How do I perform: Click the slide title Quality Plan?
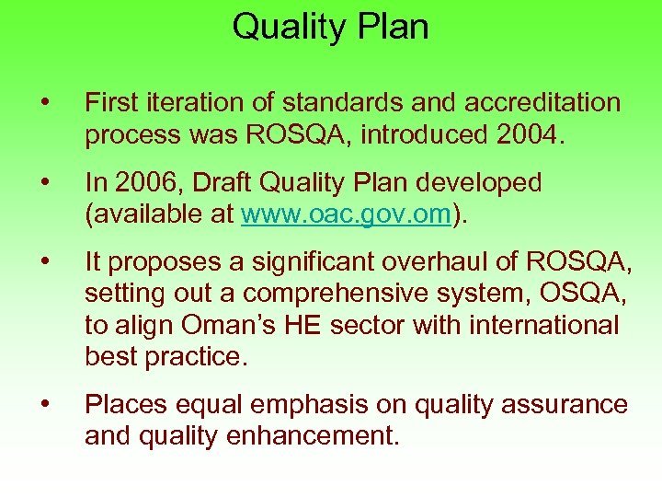(330, 26)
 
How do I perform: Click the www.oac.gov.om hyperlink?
(346, 214)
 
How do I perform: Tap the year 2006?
(140, 183)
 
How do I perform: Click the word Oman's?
(223, 326)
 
